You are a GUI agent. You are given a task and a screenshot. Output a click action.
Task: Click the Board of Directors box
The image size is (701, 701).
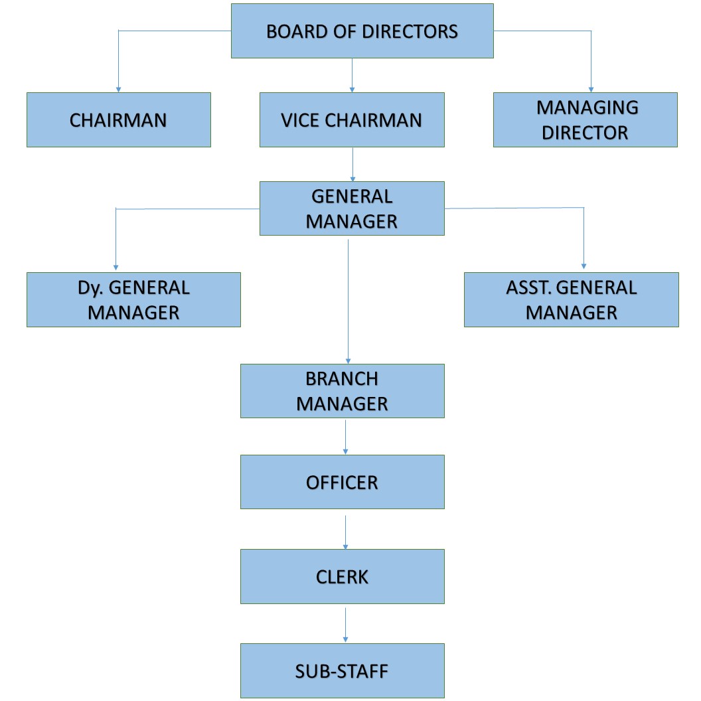point(362,31)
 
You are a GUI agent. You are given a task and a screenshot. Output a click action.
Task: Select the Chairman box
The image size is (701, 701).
point(118,119)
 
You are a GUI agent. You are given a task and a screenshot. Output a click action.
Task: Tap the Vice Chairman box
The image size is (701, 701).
point(351,119)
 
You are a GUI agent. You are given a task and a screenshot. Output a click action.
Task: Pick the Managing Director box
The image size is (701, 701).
point(585,119)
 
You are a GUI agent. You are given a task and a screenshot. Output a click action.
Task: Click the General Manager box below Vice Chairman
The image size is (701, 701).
point(351,208)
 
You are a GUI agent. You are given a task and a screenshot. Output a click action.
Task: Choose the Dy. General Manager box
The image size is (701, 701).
point(133,299)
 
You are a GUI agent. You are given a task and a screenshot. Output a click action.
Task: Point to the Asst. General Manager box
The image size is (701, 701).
point(571,299)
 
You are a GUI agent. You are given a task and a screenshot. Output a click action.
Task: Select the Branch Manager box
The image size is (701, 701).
point(342,391)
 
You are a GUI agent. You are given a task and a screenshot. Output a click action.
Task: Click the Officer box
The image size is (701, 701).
point(342,482)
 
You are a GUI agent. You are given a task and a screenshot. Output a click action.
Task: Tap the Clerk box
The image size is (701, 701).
point(342,576)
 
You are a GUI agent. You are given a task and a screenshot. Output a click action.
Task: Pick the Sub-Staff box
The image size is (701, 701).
point(342,670)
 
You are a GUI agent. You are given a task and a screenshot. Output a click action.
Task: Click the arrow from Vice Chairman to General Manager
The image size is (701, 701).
point(352,164)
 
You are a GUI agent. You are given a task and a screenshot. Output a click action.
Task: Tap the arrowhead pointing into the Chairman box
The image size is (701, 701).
point(118,89)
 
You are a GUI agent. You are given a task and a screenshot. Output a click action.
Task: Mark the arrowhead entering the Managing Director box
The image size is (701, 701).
point(591,89)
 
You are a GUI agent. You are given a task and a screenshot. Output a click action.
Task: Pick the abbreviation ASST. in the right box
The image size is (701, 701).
point(530,287)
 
